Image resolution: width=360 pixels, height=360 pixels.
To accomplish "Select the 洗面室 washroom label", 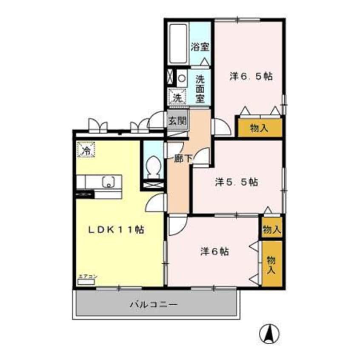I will (x=200, y=88).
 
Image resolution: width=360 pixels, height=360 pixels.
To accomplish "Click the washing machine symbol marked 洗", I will (x=177, y=97).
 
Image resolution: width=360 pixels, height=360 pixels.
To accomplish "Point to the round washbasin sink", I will (x=182, y=78).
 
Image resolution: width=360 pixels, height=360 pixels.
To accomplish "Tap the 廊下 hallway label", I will (x=184, y=158).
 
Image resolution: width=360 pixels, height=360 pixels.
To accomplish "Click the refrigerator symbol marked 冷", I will (x=86, y=150).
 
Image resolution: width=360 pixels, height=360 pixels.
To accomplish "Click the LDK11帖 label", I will (x=115, y=230).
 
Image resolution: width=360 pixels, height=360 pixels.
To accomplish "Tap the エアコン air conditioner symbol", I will (x=87, y=279).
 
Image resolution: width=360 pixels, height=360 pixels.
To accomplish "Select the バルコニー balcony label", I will (x=153, y=305).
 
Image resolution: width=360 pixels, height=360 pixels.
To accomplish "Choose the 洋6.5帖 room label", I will (x=251, y=77).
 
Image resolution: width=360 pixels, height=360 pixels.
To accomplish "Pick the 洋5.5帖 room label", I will (x=236, y=182).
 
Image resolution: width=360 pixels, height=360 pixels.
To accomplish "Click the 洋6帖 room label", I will (x=215, y=251).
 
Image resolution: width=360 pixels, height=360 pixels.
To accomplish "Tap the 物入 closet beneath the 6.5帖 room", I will (x=259, y=128).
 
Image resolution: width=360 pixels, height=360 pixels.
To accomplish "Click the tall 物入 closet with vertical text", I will (x=271, y=264).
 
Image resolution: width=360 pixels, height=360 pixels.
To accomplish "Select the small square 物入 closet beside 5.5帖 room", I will (x=271, y=230).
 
